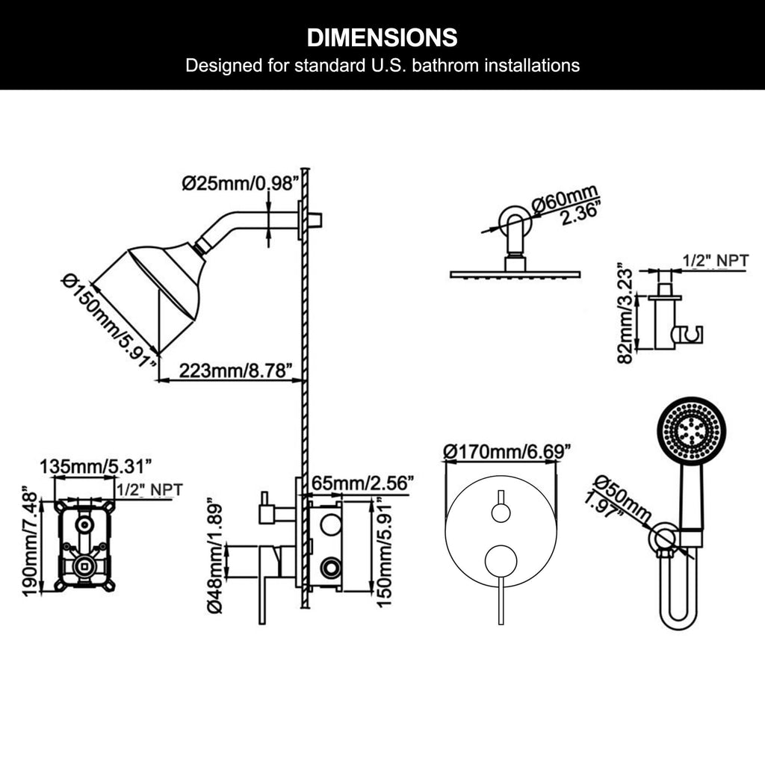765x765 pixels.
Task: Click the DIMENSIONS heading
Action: click(x=382, y=38)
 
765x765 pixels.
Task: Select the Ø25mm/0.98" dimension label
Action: click(x=240, y=184)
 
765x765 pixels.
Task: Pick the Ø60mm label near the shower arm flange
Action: click(x=565, y=198)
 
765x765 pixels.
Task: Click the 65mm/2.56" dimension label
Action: click(x=362, y=483)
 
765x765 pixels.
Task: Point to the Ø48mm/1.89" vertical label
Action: click(x=214, y=555)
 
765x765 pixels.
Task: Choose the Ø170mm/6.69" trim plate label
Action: click(x=507, y=452)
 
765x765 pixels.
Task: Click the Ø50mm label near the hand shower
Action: click(x=622, y=498)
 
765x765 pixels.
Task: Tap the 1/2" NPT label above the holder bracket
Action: click(x=715, y=261)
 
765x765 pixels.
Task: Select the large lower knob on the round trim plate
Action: click(x=501, y=562)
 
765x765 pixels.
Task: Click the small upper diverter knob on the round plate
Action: click(x=501, y=513)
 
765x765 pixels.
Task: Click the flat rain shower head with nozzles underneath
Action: click(x=515, y=274)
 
